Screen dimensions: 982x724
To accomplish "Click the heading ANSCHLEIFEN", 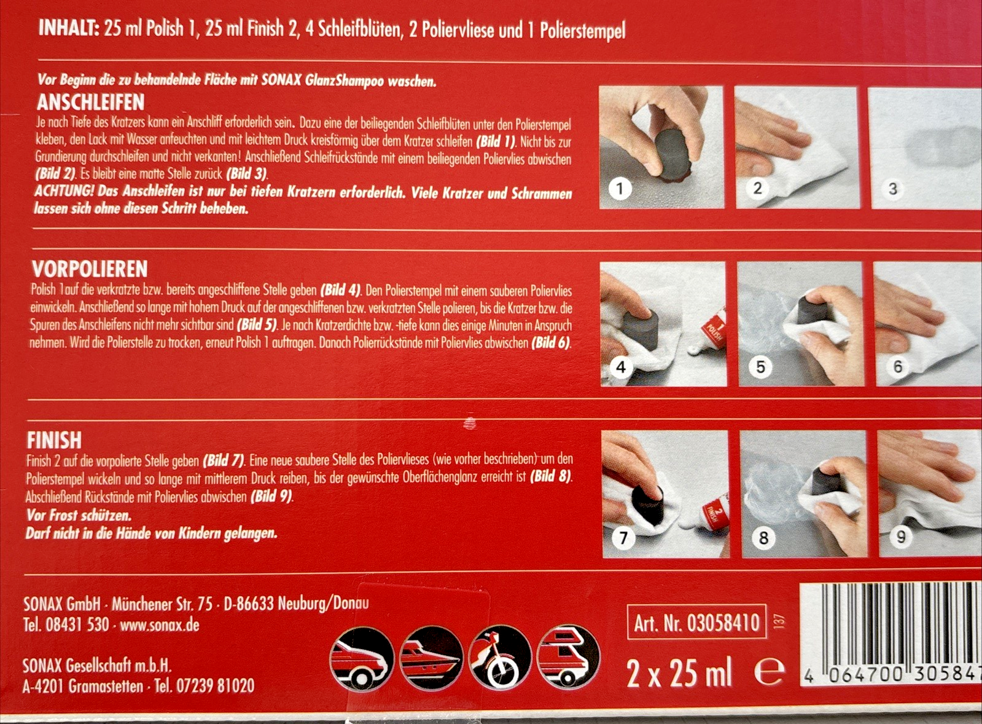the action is click(x=91, y=103).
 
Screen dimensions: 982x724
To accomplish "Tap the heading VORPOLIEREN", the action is click(x=90, y=269).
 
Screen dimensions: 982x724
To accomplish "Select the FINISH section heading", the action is click(x=55, y=439).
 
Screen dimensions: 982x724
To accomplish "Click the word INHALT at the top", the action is click(x=68, y=28).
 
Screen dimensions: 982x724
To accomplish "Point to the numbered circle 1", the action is click(x=620, y=189).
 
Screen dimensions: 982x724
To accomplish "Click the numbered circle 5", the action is click(x=760, y=366).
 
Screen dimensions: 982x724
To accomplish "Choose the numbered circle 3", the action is click(x=892, y=189).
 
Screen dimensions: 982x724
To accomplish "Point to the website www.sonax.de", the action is click(x=160, y=624).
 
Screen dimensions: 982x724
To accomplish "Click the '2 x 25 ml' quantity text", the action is click(x=679, y=674).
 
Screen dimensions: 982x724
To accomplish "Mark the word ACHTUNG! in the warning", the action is click(x=64, y=192).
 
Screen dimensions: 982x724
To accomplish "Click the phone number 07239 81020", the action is click(x=215, y=686).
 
